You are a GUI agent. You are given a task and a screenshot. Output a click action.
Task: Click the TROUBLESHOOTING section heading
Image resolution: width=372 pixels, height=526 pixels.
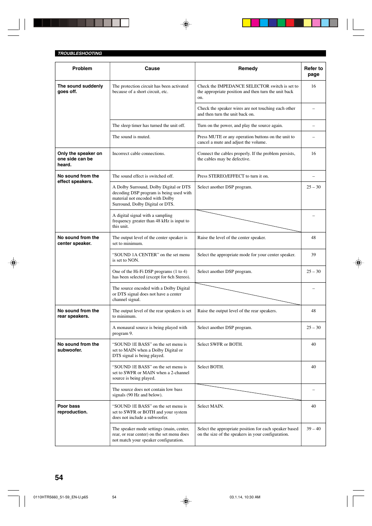(80, 53)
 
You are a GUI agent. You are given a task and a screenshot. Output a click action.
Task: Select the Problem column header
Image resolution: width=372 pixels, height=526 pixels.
(82, 69)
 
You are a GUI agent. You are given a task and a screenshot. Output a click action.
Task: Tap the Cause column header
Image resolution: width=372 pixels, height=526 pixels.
(152, 69)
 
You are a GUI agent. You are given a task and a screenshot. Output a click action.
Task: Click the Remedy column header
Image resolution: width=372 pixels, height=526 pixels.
(248, 69)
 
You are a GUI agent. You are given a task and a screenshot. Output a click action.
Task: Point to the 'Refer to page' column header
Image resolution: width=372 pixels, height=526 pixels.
(314, 71)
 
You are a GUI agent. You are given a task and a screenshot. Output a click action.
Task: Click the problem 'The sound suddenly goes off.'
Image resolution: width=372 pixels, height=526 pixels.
(80, 89)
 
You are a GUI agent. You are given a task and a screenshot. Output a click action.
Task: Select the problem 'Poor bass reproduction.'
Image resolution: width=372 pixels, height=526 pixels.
(73, 409)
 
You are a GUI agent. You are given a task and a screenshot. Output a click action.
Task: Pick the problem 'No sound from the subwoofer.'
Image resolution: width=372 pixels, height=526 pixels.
(78, 347)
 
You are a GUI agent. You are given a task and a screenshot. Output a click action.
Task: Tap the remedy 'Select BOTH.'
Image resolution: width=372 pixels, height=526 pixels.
(211, 367)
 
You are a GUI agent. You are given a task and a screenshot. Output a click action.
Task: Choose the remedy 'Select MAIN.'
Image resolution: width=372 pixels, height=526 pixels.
(211, 406)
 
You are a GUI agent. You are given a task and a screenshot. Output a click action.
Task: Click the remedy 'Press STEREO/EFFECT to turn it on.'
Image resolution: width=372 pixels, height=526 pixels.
(233, 176)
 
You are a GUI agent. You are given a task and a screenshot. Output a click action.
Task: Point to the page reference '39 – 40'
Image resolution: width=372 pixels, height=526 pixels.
(314, 429)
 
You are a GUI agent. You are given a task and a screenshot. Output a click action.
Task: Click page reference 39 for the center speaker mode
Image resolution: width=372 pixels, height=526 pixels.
(314, 255)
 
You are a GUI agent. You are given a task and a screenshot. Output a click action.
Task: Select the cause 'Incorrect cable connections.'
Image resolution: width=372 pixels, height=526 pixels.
(138, 153)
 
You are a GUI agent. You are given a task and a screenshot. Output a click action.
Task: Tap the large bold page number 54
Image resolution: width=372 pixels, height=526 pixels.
(59, 477)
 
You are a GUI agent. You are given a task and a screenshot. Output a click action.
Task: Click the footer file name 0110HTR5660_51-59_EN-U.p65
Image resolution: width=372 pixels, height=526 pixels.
(61, 497)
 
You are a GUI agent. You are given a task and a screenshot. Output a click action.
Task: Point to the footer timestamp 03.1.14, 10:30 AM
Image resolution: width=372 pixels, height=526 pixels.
(245, 497)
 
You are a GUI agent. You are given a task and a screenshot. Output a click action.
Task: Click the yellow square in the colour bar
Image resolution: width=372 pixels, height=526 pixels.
(246, 23)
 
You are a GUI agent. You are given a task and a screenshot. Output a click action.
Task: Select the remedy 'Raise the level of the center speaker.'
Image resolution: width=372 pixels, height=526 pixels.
(232, 237)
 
